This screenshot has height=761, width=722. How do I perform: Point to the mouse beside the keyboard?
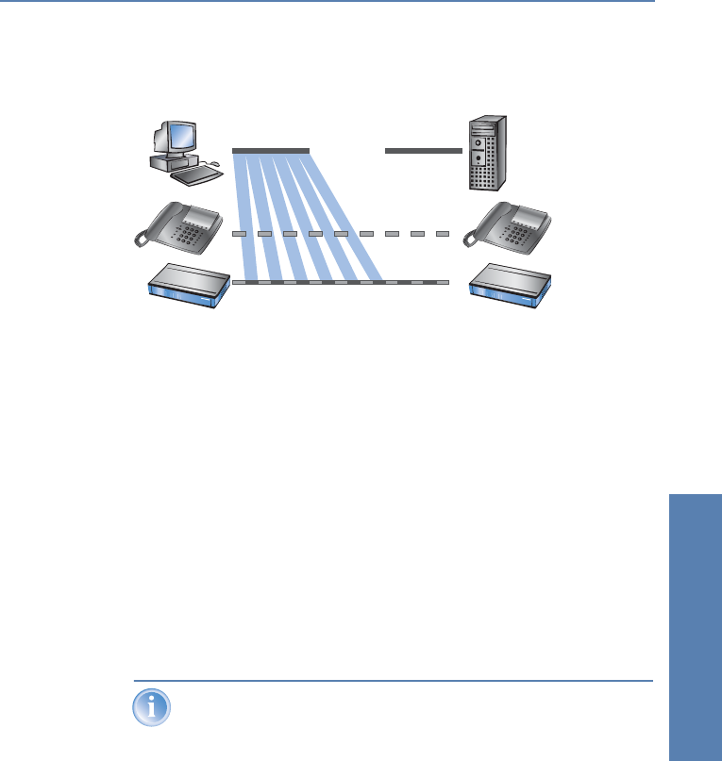pos(215,163)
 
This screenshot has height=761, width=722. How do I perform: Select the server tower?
pos(488,157)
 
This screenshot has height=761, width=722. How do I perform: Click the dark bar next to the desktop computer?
pos(271,151)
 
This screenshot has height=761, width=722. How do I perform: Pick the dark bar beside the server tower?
pos(424,151)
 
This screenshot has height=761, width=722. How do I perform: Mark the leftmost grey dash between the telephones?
pos(240,233)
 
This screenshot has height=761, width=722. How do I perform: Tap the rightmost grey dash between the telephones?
pos(442,233)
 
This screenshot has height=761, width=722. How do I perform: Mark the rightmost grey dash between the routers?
pos(442,282)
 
